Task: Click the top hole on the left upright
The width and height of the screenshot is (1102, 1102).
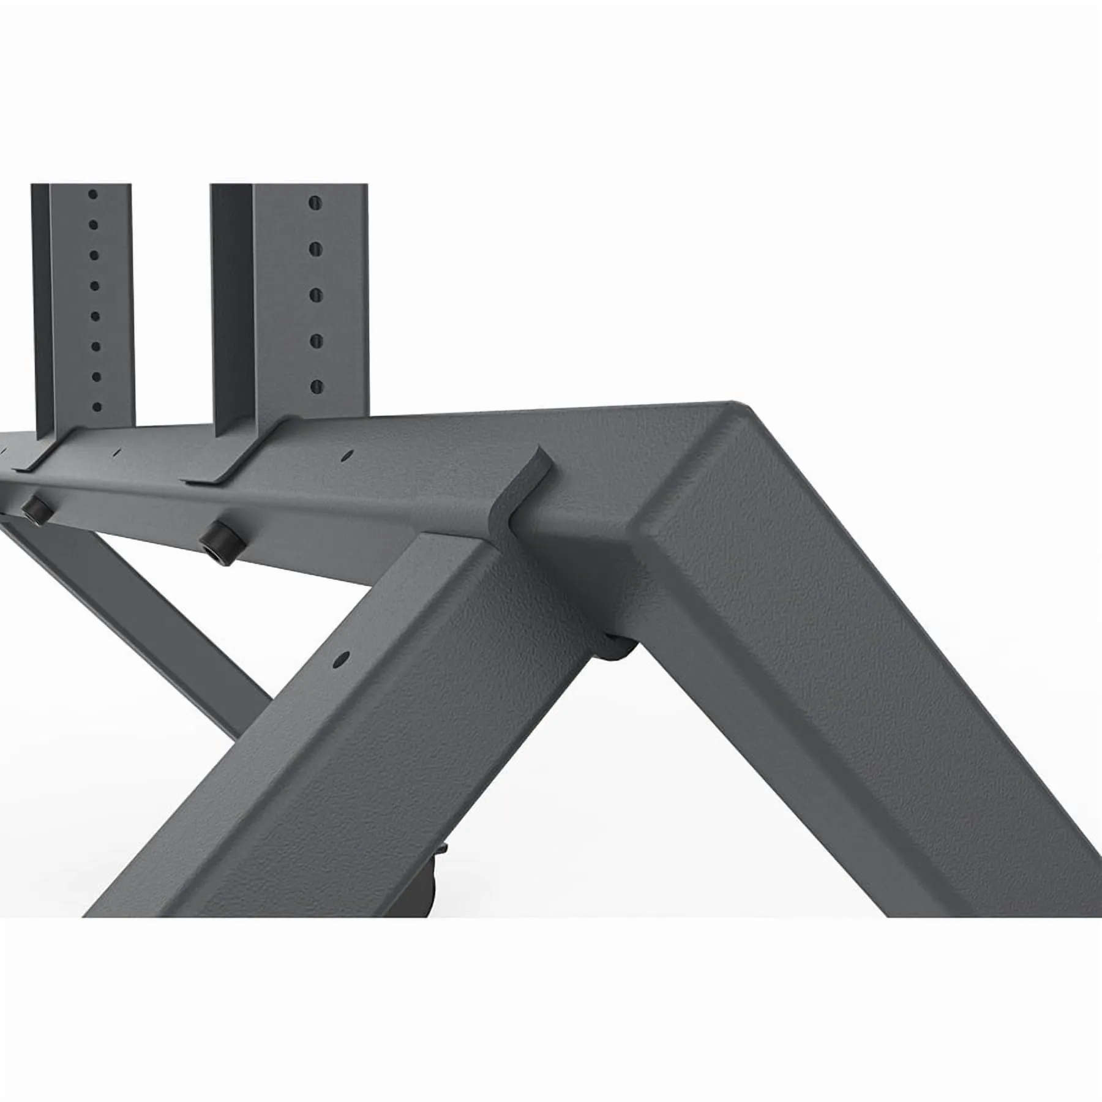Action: (92, 194)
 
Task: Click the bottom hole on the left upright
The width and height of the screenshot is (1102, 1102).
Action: (97, 407)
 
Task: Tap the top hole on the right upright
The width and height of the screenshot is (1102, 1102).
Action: (315, 203)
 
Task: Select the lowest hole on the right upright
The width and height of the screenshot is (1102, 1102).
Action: (316, 386)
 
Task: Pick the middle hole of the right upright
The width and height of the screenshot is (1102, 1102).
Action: (316, 294)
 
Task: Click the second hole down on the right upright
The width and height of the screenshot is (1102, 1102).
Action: (316, 249)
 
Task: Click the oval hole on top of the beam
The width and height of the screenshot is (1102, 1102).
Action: (348, 455)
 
